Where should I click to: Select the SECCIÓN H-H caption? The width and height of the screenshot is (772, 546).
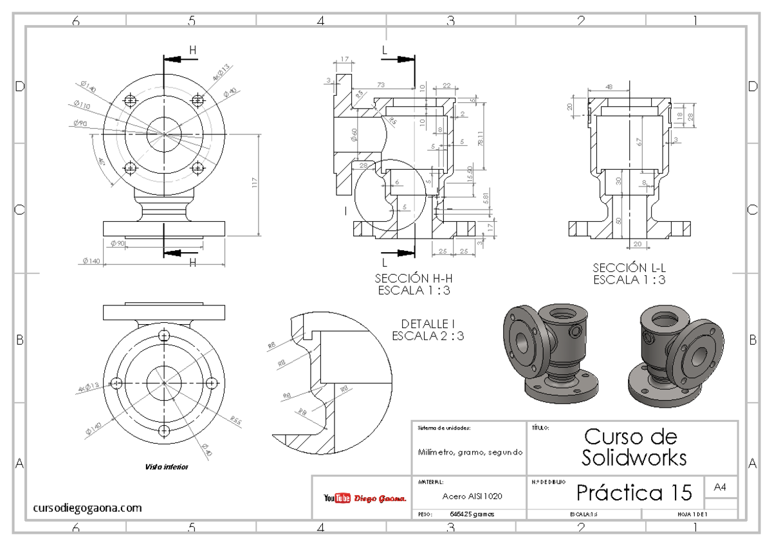[x=412, y=279]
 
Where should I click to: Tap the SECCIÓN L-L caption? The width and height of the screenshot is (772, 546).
[x=629, y=268]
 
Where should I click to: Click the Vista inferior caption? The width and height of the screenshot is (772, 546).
[x=167, y=467]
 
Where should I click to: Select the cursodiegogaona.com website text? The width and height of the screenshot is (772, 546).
[x=87, y=508]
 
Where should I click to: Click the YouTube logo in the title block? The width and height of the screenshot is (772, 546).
[x=337, y=498]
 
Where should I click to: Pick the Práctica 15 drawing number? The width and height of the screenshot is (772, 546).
[x=634, y=493]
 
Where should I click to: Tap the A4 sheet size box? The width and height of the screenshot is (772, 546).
[x=721, y=488]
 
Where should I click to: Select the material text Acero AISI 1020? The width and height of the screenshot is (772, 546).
[x=472, y=496]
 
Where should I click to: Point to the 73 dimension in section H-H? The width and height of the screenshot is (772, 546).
[x=381, y=85]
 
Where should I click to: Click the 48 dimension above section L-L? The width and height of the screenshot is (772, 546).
[x=609, y=86]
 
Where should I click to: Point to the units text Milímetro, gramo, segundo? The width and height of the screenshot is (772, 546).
[x=470, y=452]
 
